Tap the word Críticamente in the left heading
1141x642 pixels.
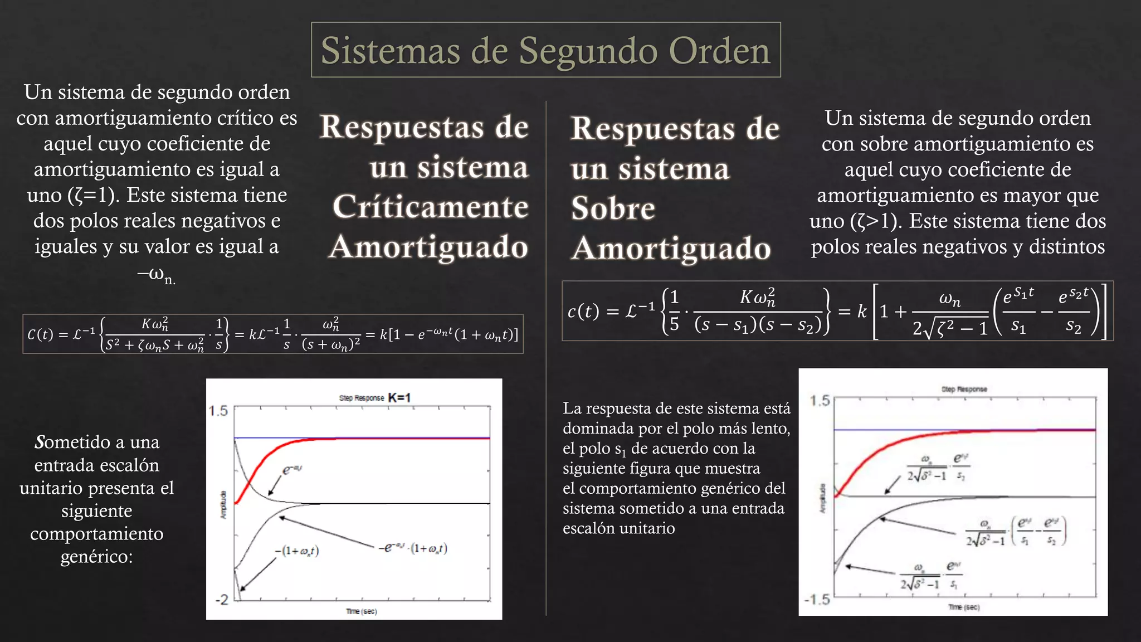(x=430, y=207)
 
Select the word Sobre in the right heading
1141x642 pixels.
(x=613, y=208)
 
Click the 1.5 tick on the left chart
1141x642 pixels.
(x=218, y=411)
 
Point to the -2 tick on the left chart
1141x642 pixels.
(x=221, y=600)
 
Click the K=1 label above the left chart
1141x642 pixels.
(x=399, y=397)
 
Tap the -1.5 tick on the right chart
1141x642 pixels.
(x=817, y=600)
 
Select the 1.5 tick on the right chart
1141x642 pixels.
(x=820, y=401)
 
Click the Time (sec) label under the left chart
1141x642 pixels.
(x=361, y=611)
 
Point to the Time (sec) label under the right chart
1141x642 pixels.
(x=964, y=607)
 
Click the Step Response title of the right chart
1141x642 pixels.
(x=964, y=389)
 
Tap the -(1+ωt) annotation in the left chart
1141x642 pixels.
(x=296, y=551)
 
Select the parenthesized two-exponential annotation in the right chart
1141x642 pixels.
(x=1015, y=531)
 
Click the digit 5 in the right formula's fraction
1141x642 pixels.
(x=674, y=324)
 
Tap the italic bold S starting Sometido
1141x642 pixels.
(x=39, y=442)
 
